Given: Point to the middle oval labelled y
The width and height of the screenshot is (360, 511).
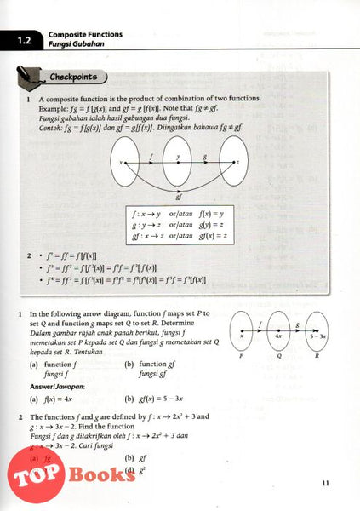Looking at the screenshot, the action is pyautogui.click(x=179, y=162).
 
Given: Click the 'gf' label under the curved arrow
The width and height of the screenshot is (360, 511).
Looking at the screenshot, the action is pyautogui.click(x=179, y=196).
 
